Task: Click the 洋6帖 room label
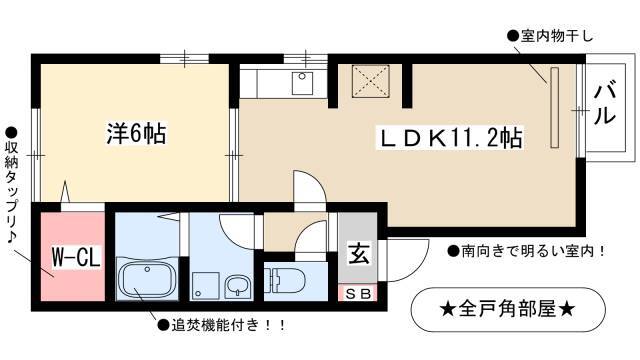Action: (136, 133)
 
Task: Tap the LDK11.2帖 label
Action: (450, 139)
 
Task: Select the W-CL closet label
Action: (76, 258)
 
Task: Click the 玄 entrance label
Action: (359, 253)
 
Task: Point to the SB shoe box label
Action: (358, 293)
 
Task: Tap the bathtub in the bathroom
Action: (147, 280)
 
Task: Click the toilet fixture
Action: (284, 280)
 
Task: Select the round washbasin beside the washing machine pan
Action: (237, 286)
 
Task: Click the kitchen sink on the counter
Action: (302, 84)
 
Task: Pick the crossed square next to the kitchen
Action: (371, 81)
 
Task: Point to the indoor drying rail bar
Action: (555, 108)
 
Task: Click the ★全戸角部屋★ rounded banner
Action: (508, 310)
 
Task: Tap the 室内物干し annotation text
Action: (550, 37)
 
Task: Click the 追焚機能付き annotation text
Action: (222, 325)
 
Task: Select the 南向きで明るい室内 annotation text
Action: (526, 251)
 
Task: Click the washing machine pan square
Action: (205, 285)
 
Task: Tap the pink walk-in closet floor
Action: (73, 256)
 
